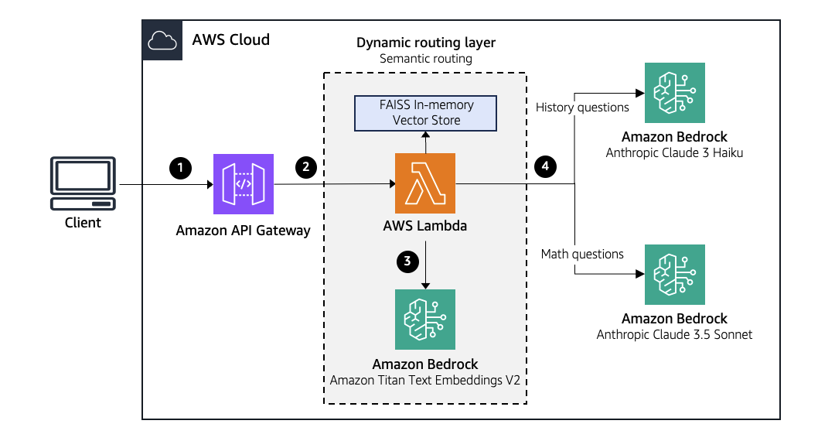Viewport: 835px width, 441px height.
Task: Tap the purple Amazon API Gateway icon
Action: (244, 183)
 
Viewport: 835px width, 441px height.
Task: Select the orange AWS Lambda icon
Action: (425, 183)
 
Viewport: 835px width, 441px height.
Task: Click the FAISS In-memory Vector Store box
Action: (426, 112)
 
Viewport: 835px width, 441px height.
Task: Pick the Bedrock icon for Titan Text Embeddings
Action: (425, 320)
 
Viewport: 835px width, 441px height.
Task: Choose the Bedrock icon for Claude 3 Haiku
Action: (675, 93)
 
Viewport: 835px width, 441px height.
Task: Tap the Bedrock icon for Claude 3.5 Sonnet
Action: (675, 275)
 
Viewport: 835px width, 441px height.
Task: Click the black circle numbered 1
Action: (180, 166)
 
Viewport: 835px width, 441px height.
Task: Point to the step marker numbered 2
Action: (306, 166)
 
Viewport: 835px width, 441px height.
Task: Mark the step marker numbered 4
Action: (546, 166)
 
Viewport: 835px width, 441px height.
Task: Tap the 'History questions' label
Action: (576, 107)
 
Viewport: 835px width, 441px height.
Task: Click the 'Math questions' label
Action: (582, 254)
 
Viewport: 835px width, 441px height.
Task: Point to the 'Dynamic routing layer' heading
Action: (425, 43)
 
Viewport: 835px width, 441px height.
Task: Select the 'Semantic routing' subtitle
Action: (425, 59)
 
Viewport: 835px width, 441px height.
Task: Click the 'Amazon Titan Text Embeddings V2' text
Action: (425, 380)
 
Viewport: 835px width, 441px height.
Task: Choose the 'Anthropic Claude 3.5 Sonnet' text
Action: (675, 334)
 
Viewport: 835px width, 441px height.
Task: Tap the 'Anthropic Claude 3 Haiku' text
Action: (675, 153)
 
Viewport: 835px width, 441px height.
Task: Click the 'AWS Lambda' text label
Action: (425, 227)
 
